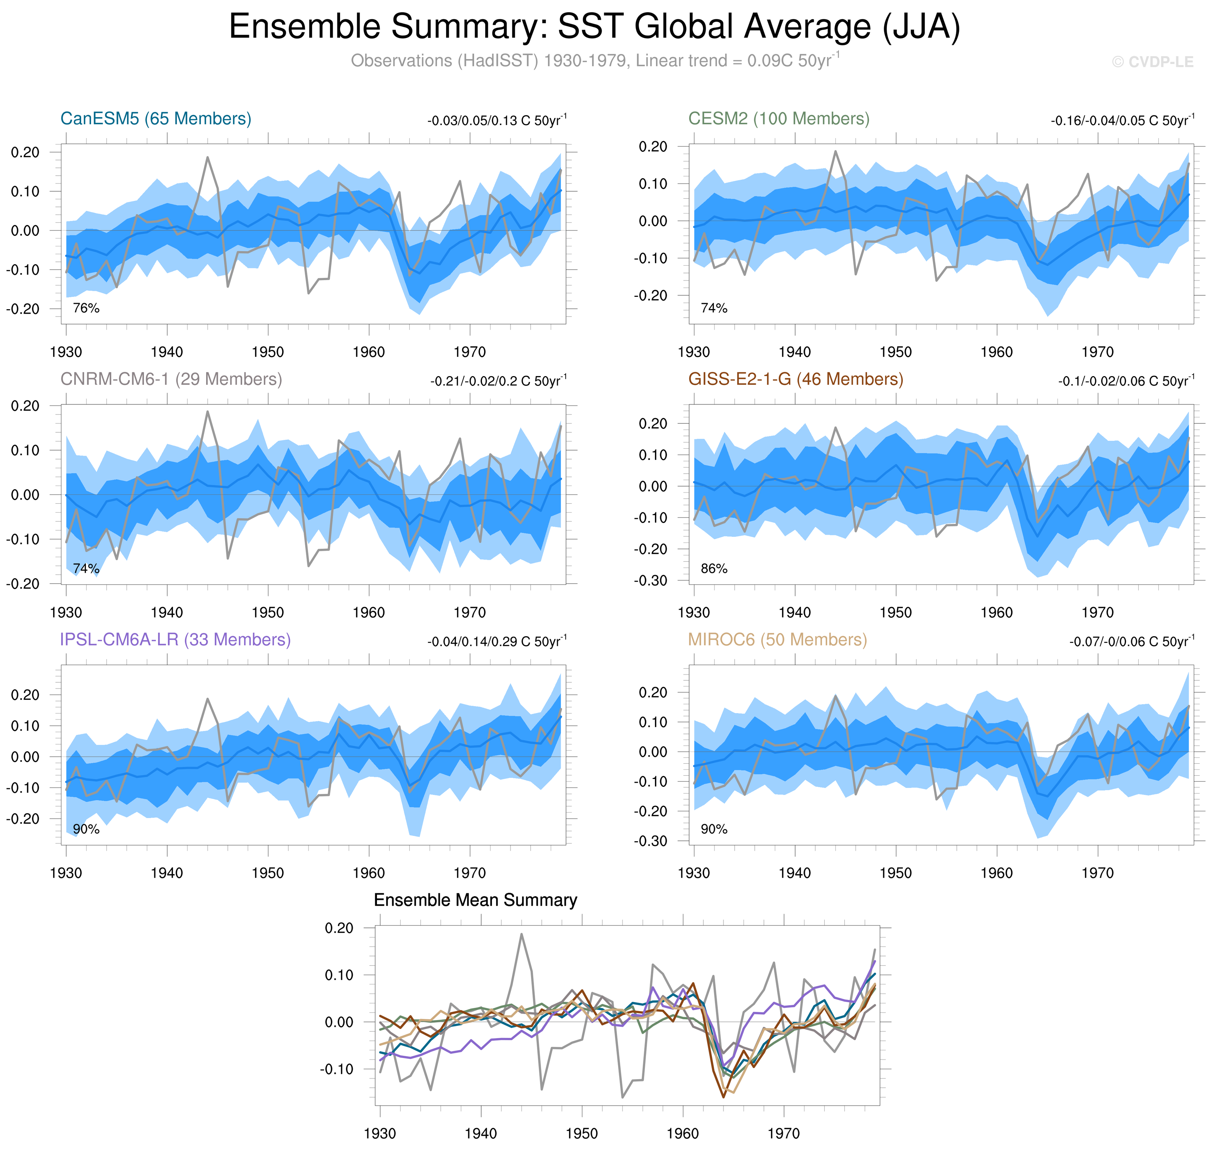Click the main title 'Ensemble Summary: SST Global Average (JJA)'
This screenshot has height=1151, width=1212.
594,27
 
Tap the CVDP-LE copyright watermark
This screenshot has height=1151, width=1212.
1152,62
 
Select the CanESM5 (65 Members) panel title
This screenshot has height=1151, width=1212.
156,118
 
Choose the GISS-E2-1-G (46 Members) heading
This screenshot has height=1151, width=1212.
795,379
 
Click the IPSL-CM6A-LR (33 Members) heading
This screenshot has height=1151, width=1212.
175,639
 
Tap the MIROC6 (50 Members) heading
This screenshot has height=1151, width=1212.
777,639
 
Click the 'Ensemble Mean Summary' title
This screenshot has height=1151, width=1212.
475,900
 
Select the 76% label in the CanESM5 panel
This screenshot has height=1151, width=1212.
86,308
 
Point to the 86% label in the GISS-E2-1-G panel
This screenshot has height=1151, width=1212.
714,569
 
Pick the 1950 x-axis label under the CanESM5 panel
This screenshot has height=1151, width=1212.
268,352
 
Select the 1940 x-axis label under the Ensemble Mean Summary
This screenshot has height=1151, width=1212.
480,1133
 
